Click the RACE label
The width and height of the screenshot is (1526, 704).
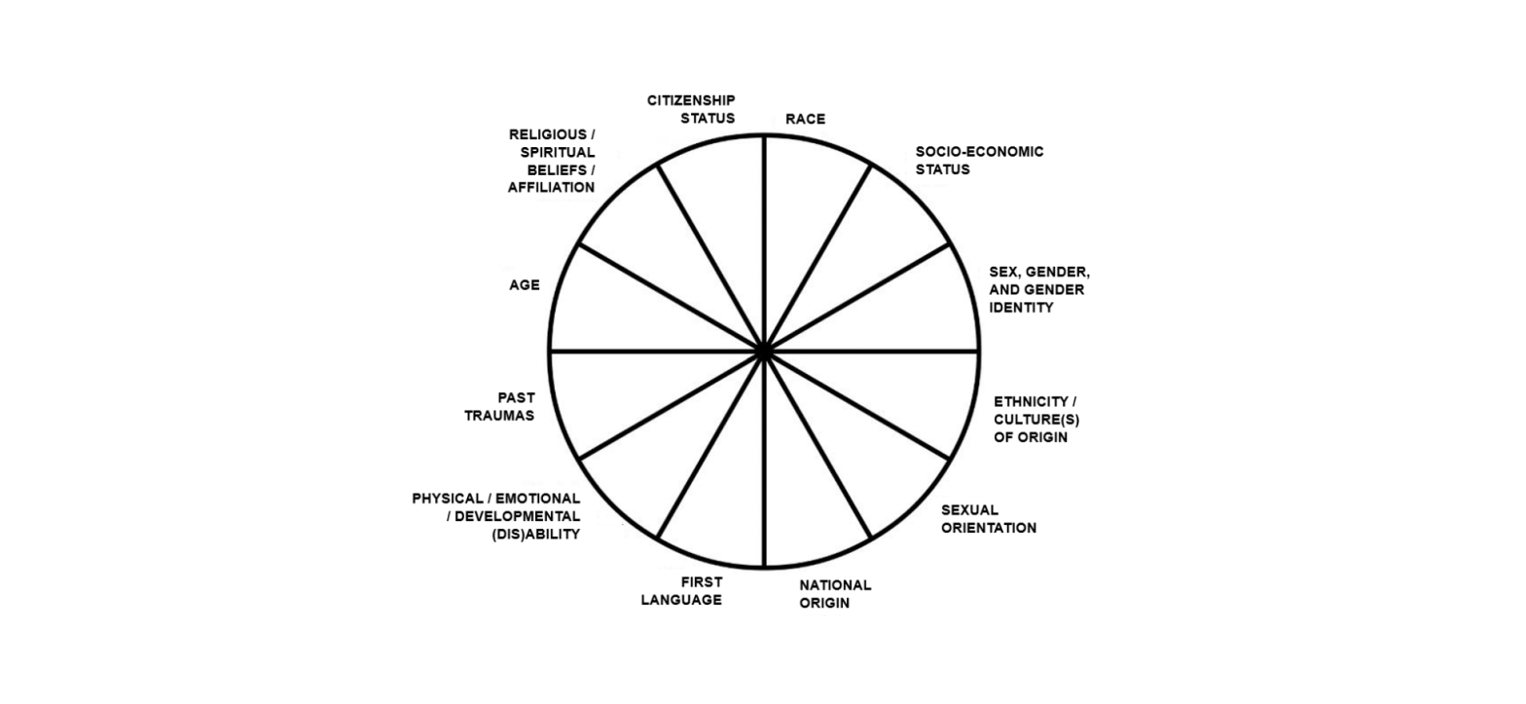tap(805, 119)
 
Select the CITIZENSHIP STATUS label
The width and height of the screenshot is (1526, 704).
tap(691, 109)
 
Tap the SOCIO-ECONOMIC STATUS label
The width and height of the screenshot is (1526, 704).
tap(979, 160)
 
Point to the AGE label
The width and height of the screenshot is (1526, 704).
tap(524, 285)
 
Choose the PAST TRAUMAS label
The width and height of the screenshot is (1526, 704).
tap(500, 407)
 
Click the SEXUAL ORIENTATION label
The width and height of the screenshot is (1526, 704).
tap(989, 519)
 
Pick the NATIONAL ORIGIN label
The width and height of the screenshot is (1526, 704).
tap(835, 594)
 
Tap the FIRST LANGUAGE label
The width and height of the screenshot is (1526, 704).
tap(681, 591)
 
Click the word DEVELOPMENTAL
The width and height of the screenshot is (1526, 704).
tap(517, 517)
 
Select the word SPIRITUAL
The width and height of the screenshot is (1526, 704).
tap(558, 152)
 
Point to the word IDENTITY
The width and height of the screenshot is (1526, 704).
tap(1021, 308)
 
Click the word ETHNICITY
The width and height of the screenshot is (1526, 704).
tap(1030, 401)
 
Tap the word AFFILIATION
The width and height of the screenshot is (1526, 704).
tap(551, 187)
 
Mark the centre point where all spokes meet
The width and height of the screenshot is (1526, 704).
tap(764, 352)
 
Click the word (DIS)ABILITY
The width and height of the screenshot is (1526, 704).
tap(536, 535)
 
